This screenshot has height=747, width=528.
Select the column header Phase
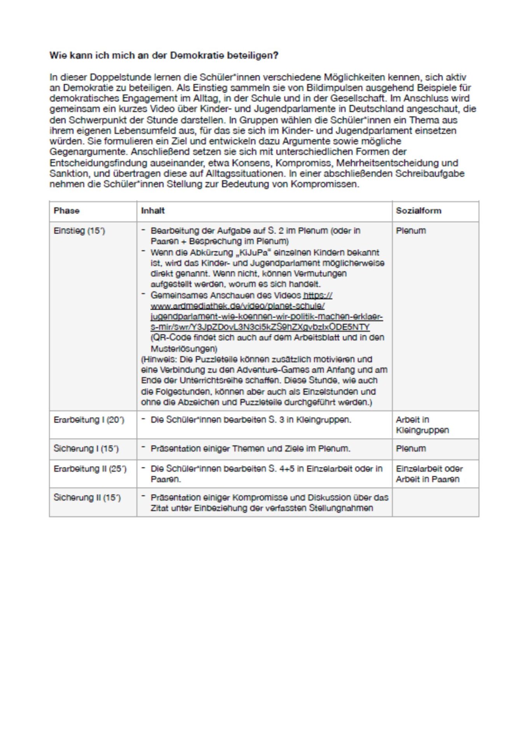click(x=67, y=210)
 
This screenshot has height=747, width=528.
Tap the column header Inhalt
click(x=153, y=210)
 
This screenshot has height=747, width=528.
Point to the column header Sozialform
click(x=418, y=210)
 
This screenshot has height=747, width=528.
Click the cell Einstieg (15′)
click(x=79, y=231)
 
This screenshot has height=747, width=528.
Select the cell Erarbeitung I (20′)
click(x=89, y=420)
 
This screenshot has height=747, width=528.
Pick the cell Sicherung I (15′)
click(x=86, y=448)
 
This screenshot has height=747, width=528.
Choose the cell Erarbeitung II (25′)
click(x=90, y=469)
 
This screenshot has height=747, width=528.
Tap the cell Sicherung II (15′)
click(x=87, y=498)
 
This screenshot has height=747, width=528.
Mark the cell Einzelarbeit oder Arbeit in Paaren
click(x=429, y=474)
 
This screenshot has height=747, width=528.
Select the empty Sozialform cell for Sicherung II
click(x=435, y=502)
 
